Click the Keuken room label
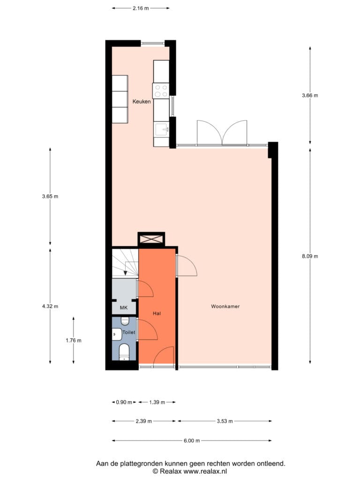tap(142, 102)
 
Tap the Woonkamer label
tap(225, 306)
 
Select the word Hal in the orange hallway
tap(157, 314)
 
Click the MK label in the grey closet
tap(124, 308)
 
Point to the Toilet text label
tap(129, 332)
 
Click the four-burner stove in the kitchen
tap(161, 90)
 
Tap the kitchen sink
tap(161, 129)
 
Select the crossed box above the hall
tap(151, 239)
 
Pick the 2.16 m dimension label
tap(141, 8)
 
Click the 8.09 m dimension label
tap(310, 256)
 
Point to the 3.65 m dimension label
tap(50, 196)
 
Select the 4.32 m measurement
tap(50, 306)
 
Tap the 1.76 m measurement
tap(74, 340)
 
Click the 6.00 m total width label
tap(192, 441)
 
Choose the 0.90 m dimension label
tap(124, 402)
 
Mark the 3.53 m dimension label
tap(225, 421)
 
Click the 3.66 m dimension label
tap(310, 96)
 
